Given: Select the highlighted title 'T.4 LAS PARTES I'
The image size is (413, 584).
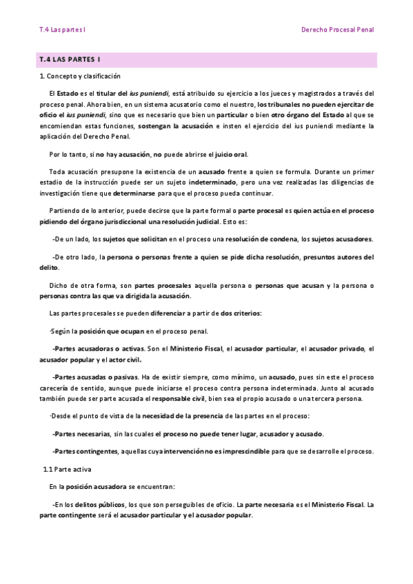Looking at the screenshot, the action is (70, 60).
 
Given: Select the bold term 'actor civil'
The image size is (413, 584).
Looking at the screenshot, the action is (123, 359).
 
